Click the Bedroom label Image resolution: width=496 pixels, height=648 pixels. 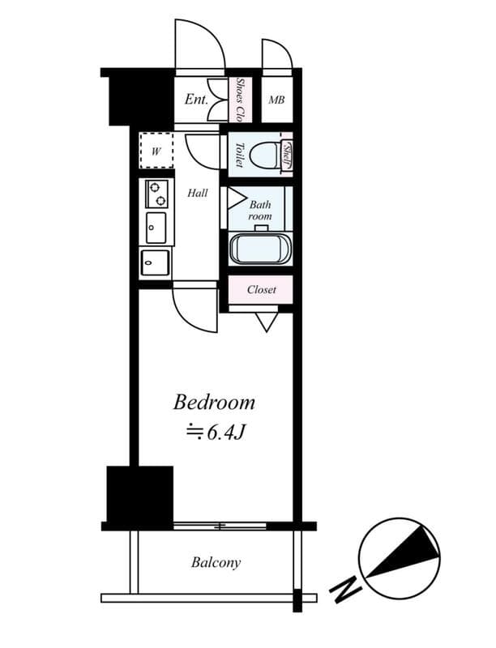[x=214, y=403]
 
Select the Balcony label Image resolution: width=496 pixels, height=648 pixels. [x=216, y=562]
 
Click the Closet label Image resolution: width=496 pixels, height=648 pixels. [x=261, y=289]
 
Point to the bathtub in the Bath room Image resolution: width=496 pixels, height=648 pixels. [x=259, y=249]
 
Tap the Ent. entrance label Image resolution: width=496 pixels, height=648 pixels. [x=196, y=100]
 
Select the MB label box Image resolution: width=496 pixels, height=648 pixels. [x=276, y=100]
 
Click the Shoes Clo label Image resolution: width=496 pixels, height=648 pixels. [x=241, y=99]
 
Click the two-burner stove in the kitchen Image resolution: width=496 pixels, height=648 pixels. [x=156, y=194]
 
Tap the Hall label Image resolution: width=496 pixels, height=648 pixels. [x=198, y=194]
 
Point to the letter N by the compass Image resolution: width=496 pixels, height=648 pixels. [x=345, y=589]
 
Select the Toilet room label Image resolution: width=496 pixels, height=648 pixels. [x=240, y=155]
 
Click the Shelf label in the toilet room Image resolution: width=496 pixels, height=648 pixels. [x=286, y=155]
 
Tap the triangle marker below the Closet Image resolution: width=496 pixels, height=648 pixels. [x=267, y=322]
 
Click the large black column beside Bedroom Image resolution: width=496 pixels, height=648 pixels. [x=140, y=494]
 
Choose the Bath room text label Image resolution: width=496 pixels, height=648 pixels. [x=259, y=211]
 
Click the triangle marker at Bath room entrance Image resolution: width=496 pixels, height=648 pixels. [x=236, y=198]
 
